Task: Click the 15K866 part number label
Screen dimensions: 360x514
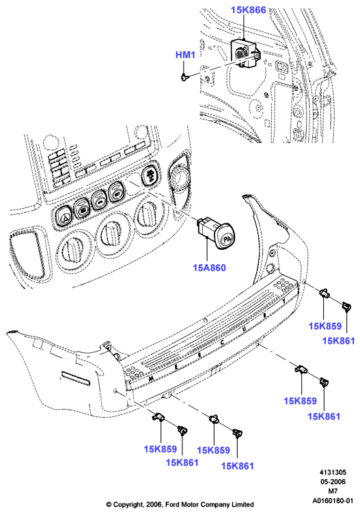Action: click(x=248, y=10)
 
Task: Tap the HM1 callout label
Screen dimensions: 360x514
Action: click(x=185, y=55)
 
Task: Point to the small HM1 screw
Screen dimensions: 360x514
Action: click(x=184, y=77)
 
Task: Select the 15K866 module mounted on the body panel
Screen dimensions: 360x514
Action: click(x=245, y=53)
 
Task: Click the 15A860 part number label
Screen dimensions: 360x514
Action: click(x=209, y=268)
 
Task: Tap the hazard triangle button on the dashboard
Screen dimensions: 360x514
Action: click(x=66, y=217)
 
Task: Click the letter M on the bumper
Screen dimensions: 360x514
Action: click(x=151, y=378)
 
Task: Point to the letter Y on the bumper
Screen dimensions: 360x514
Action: click(x=284, y=300)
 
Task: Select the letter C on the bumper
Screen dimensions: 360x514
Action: click(x=223, y=343)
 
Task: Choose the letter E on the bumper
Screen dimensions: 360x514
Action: click(x=176, y=367)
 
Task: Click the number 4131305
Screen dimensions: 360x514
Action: click(x=333, y=472)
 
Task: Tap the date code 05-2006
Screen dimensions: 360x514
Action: click(x=333, y=481)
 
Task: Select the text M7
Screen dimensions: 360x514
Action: click(x=333, y=491)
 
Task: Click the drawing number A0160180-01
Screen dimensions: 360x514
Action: click(x=333, y=500)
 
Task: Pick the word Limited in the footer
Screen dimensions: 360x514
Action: click(x=242, y=504)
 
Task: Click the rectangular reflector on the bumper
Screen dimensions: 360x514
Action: click(x=75, y=378)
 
